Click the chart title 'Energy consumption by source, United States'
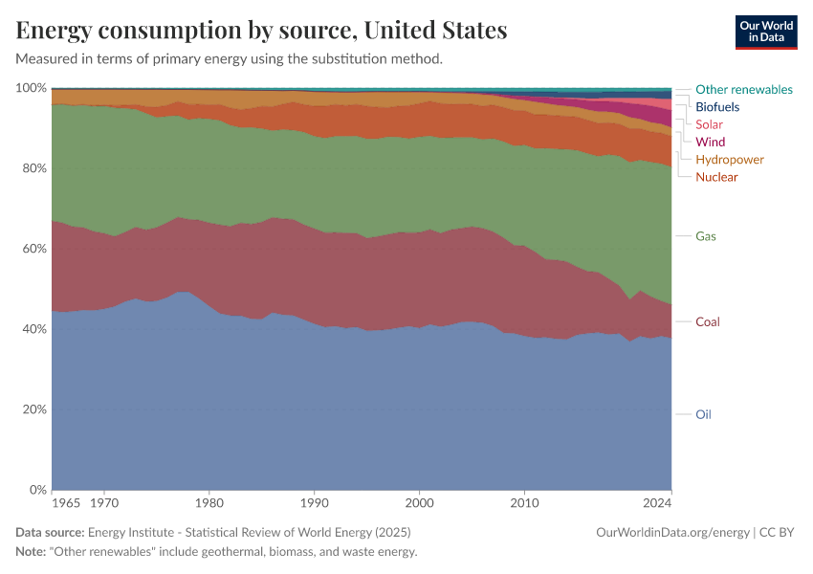click(261, 30)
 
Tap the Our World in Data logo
click(766, 32)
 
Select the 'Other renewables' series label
click(743, 89)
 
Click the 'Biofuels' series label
click(717, 107)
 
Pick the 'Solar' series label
click(709, 124)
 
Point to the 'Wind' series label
click(710, 142)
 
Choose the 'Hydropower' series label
click(729, 160)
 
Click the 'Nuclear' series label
click(716, 177)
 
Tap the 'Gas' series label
click(706, 236)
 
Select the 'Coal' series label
click(708, 321)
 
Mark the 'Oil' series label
click(703, 414)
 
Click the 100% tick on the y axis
click(32, 88)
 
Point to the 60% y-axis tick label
click(34, 249)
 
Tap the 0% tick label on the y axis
click(37, 490)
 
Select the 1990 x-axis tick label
click(314, 501)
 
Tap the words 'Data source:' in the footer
click(50, 532)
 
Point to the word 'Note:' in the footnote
click(33, 552)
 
